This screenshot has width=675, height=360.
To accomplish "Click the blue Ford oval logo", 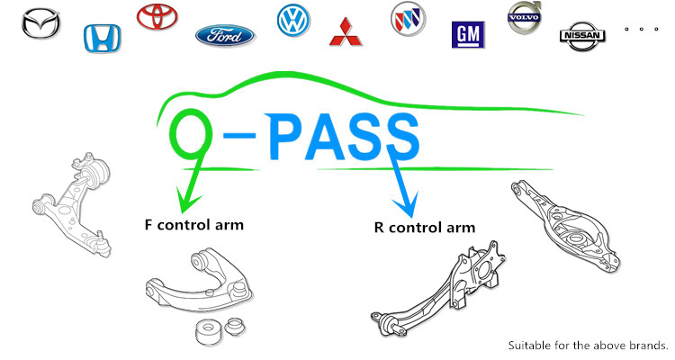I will [224, 36].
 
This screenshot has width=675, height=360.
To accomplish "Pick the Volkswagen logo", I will [293, 19].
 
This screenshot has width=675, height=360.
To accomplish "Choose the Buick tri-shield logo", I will [407, 17].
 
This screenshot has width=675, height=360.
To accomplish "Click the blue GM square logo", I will [467, 35].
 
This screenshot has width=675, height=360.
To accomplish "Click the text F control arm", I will [194, 224].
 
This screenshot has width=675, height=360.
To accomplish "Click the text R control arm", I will [424, 227].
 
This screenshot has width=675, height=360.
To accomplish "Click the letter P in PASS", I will [289, 137].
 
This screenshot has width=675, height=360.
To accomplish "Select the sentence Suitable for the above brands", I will [589, 345].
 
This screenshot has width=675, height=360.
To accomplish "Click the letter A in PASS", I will [332, 137].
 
